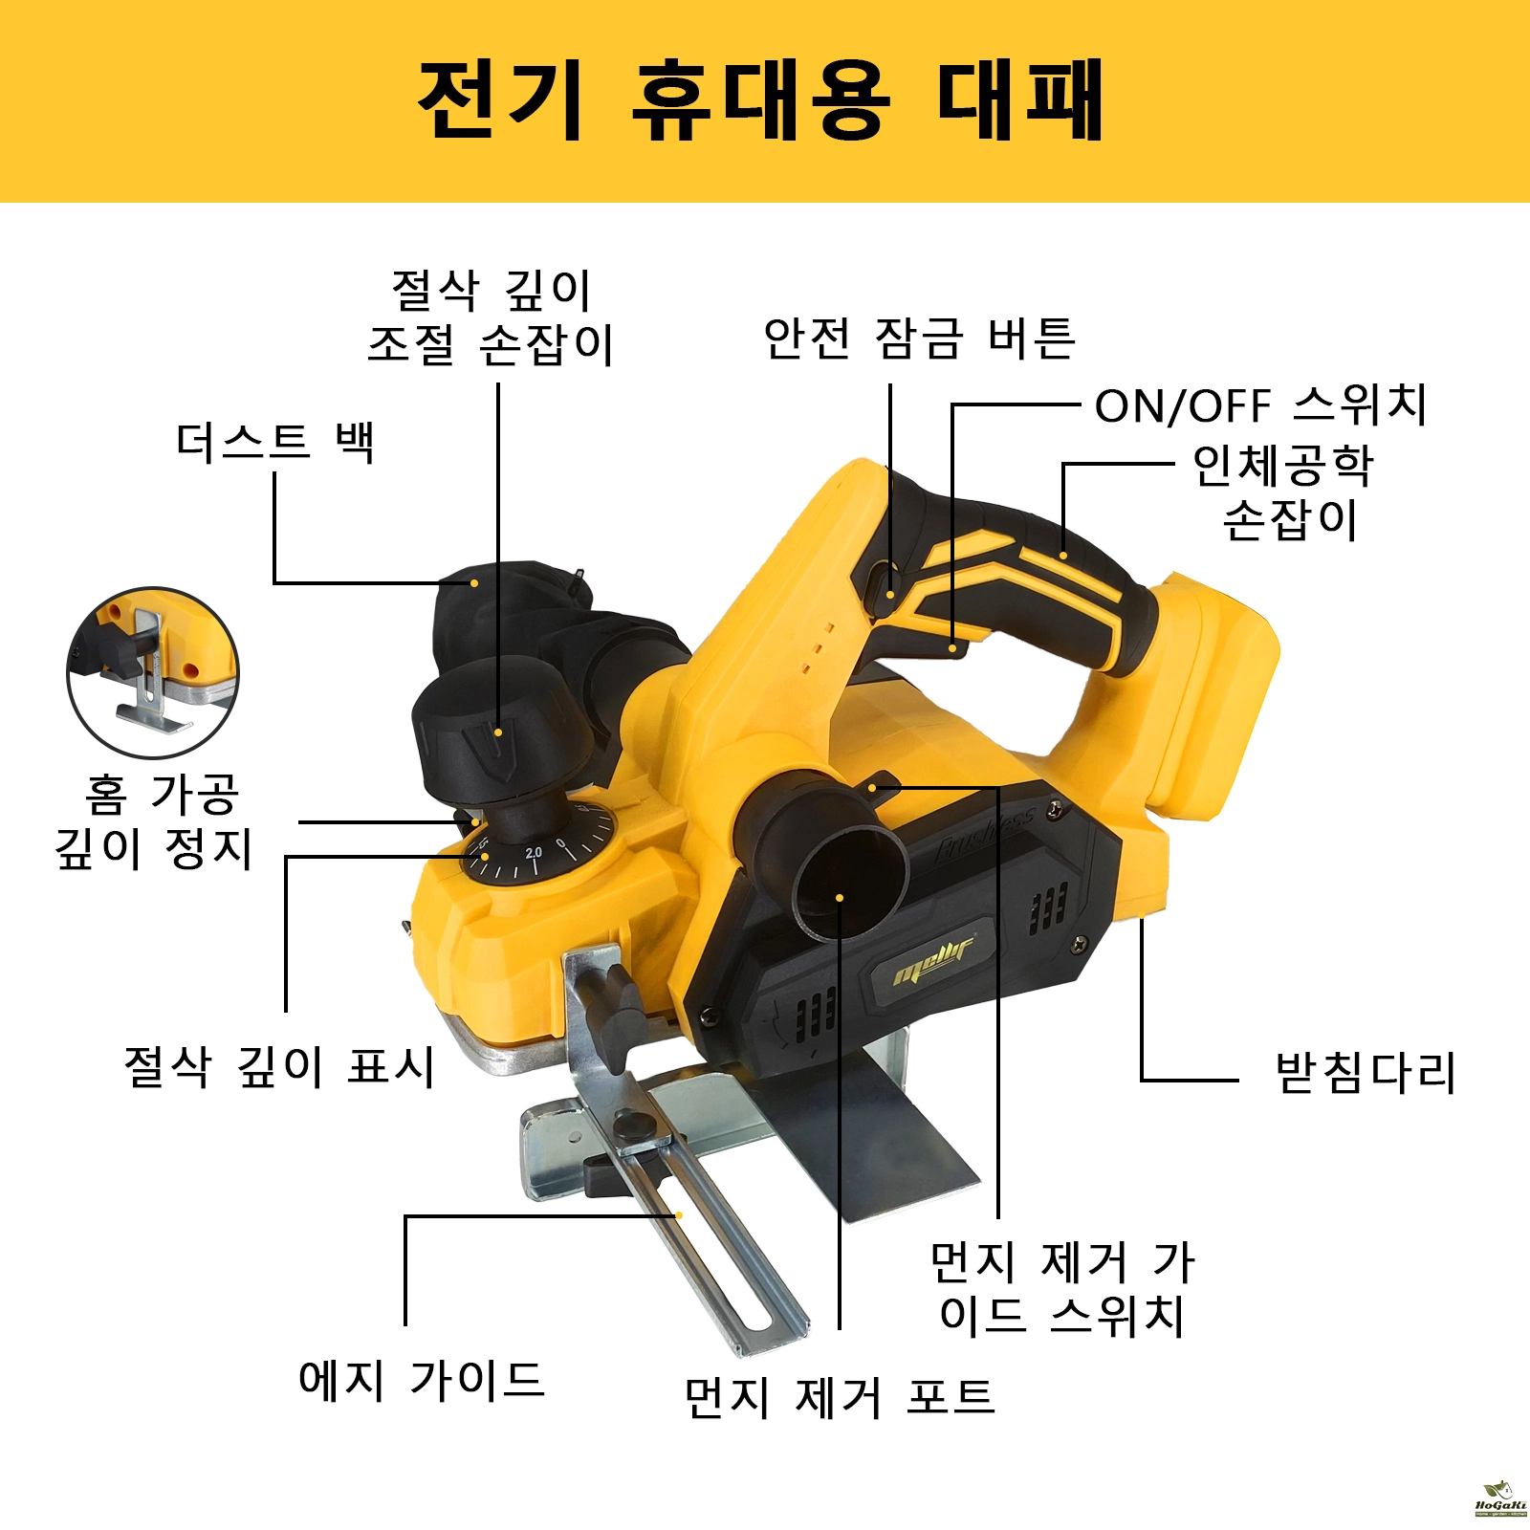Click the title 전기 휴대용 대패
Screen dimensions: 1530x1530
point(761,100)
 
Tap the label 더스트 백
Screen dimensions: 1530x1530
point(275,443)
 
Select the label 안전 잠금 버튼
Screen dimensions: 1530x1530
point(919,339)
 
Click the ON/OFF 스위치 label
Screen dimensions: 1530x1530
point(1260,405)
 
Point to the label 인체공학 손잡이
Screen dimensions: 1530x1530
point(1283,492)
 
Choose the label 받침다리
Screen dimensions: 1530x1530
point(1365,1073)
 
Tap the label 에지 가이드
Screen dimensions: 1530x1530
point(421,1380)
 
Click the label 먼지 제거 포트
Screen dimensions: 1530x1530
point(840,1397)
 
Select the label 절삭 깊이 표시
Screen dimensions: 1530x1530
point(279,1066)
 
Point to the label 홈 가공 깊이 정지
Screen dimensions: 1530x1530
point(153,821)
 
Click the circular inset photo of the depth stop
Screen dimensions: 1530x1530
point(153,673)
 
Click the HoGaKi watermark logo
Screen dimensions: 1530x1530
point(1500,1498)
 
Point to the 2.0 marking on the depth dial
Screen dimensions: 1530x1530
point(534,852)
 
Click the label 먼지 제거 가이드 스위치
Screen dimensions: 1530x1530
point(1061,1288)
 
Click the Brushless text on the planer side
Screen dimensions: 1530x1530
point(985,835)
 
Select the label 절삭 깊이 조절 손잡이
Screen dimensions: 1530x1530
point(491,317)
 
